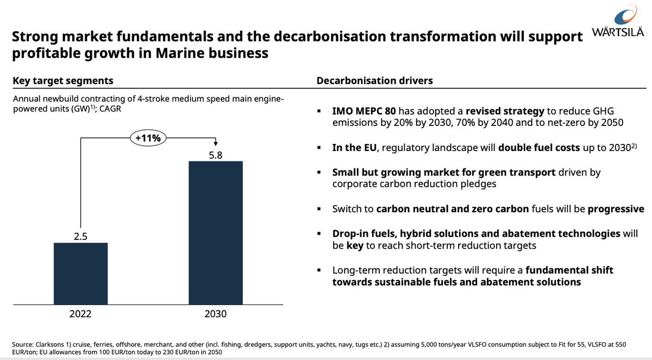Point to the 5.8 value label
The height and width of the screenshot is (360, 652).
[216, 155]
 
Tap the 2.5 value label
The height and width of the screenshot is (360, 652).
[80, 236]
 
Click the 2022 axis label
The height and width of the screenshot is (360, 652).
[80, 314]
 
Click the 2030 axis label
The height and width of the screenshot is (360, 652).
[216, 314]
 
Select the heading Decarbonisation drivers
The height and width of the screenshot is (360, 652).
[374, 80]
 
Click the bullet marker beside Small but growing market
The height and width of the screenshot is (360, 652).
[319, 173]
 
